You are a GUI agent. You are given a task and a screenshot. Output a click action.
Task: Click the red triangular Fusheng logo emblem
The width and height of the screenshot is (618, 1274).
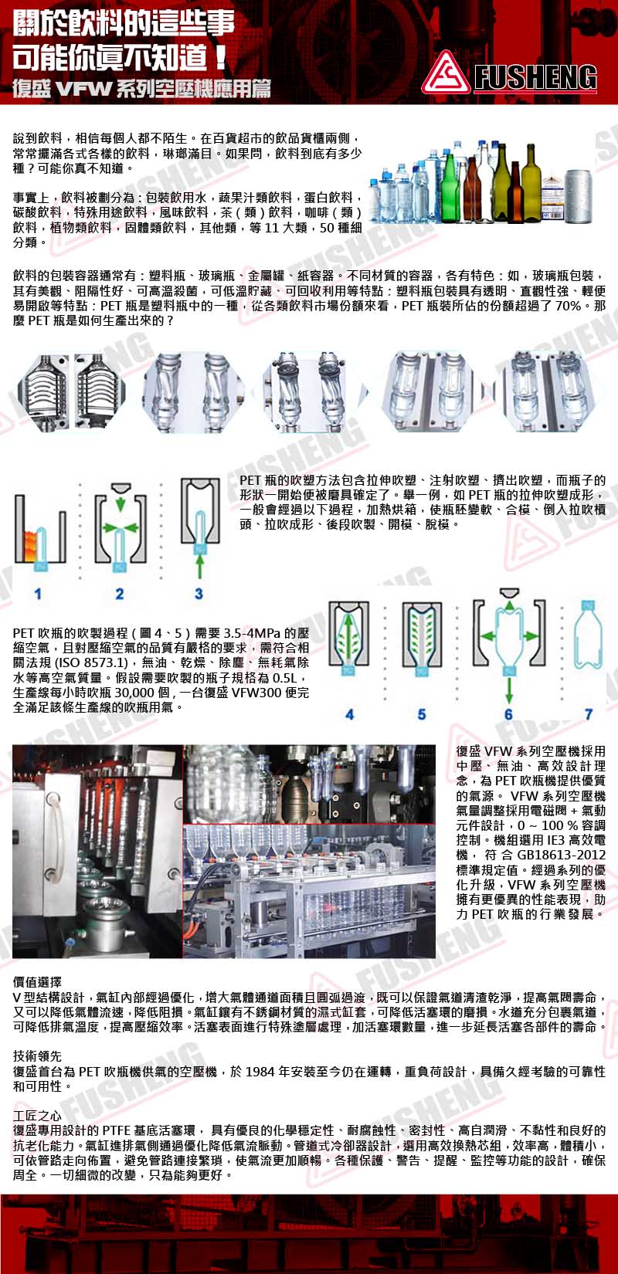tap(446, 73)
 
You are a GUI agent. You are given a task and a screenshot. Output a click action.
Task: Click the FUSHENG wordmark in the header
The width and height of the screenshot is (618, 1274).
tap(535, 76)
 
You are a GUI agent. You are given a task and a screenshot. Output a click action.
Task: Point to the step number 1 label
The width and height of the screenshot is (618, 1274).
tap(38, 594)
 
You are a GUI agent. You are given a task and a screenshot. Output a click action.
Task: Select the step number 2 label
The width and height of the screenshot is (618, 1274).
tap(120, 594)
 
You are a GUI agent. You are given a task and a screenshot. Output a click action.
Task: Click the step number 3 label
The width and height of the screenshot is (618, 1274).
tap(199, 594)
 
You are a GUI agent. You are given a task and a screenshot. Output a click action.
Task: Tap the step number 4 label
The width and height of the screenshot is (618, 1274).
tap(349, 714)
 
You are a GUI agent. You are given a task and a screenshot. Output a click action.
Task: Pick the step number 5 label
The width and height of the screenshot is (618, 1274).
tap(422, 714)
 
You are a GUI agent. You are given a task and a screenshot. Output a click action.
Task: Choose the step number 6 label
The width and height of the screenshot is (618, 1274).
tap(508, 714)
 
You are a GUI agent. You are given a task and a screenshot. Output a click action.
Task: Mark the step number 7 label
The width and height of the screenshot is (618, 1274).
tap(589, 714)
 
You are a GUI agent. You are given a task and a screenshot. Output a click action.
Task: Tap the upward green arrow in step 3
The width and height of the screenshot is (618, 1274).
tap(199, 566)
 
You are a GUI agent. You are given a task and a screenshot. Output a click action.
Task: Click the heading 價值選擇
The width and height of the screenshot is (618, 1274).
tap(38, 982)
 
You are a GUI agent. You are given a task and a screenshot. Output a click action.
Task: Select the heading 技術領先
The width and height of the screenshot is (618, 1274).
tap(38, 1056)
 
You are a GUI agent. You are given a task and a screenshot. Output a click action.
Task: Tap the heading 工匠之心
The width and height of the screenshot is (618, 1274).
tap(38, 1115)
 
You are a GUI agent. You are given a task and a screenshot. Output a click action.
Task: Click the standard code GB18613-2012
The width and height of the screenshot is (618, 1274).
tap(562, 855)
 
